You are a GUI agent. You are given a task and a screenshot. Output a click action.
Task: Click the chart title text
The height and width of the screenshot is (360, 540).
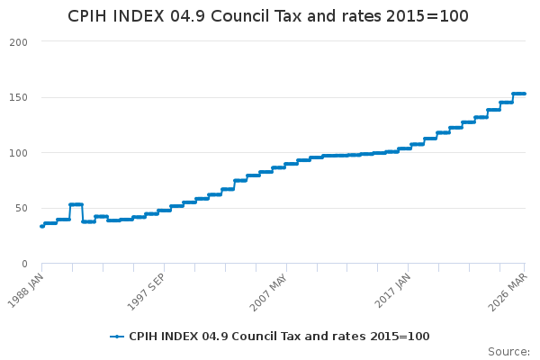pos(268,17)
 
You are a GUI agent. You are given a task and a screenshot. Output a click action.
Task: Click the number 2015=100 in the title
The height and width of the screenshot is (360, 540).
pos(431,17)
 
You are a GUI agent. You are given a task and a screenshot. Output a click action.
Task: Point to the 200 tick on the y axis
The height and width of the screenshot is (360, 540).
pos(19,42)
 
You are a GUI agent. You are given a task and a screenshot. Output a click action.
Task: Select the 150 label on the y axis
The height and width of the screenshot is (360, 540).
pos(19,97)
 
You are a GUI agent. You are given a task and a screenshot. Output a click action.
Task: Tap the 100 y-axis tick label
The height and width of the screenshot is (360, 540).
pos(19,153)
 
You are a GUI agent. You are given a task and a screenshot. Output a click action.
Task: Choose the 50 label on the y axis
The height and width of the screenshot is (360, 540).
pos(22,208)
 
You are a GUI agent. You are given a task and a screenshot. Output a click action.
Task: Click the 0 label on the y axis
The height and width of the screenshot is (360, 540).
pos(25,264)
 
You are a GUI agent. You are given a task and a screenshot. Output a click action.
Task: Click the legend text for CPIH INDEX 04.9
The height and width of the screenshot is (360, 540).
pos(279,337)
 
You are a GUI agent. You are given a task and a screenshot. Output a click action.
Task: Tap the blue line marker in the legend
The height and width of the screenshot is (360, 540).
pos(117,337)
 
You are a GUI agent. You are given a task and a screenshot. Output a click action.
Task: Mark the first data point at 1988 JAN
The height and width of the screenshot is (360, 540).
pos(41,226)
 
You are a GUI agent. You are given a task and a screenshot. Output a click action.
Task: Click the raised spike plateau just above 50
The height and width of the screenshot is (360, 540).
pos(76,204)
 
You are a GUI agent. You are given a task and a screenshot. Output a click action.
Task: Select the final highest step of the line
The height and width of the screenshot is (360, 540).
pos(519,94)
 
